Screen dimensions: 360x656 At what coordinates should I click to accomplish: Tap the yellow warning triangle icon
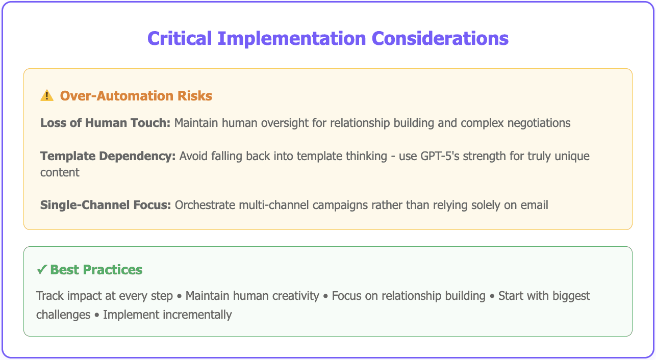coord(47,95)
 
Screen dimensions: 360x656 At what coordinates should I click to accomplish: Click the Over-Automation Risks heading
coord(136,95)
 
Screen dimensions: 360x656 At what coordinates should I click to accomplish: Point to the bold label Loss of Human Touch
coord(105,123)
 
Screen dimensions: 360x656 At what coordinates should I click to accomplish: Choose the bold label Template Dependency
coord(108,156)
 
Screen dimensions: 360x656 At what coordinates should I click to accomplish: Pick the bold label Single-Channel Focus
coord(106,205)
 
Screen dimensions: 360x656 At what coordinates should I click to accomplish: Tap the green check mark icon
coord(42,270)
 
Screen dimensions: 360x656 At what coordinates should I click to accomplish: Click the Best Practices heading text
coord(96,270)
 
